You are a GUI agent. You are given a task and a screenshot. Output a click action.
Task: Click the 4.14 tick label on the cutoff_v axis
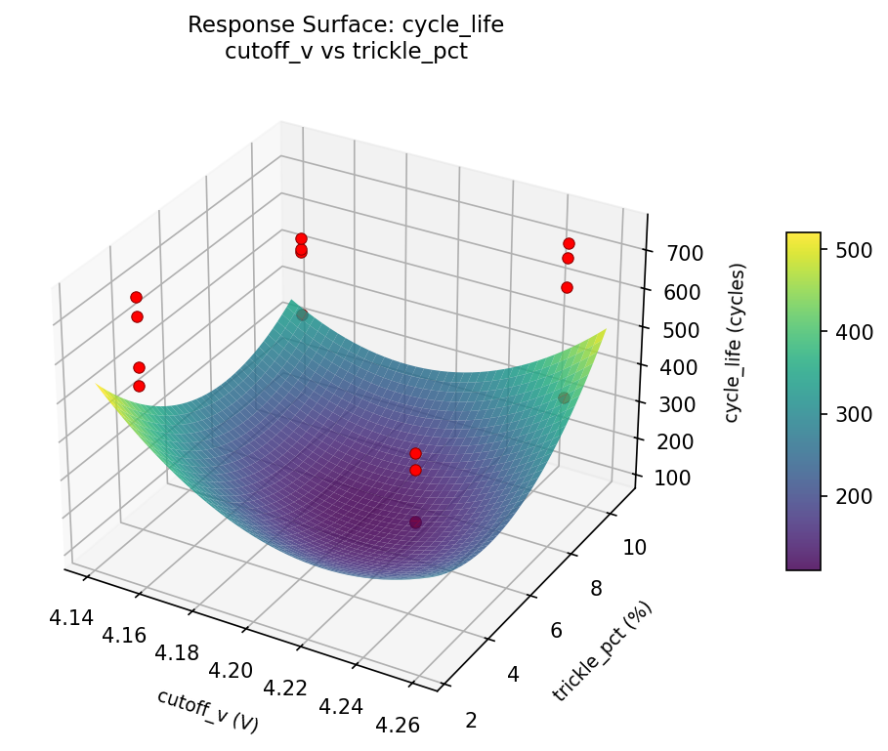[69, 616]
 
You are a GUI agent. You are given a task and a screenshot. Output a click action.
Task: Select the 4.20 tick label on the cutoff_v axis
[232, 670]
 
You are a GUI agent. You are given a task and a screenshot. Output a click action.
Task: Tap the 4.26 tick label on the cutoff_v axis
[396, 724]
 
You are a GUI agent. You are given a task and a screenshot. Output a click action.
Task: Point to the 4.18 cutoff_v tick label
[177, 651]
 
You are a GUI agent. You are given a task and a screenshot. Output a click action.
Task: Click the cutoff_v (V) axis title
[208, 711]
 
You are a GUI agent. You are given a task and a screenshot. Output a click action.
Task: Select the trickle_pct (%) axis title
[602, 651]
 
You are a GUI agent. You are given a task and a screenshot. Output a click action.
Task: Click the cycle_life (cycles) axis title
[733, 343]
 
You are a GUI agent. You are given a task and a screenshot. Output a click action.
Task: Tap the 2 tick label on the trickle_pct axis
[473, 720]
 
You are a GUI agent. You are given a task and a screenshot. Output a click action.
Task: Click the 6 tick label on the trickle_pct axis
[557, 630]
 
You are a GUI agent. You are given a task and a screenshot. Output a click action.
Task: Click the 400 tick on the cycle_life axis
[672, 367]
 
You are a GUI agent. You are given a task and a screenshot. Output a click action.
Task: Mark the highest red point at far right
[569, 243]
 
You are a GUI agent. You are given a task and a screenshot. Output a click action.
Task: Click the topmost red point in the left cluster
[136, 297]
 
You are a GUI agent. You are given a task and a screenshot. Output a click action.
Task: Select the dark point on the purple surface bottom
[416, 522]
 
